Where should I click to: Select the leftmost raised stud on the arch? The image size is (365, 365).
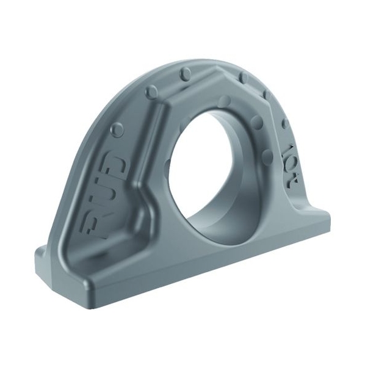(117, 129)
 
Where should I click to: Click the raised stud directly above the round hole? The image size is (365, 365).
(225, 100)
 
